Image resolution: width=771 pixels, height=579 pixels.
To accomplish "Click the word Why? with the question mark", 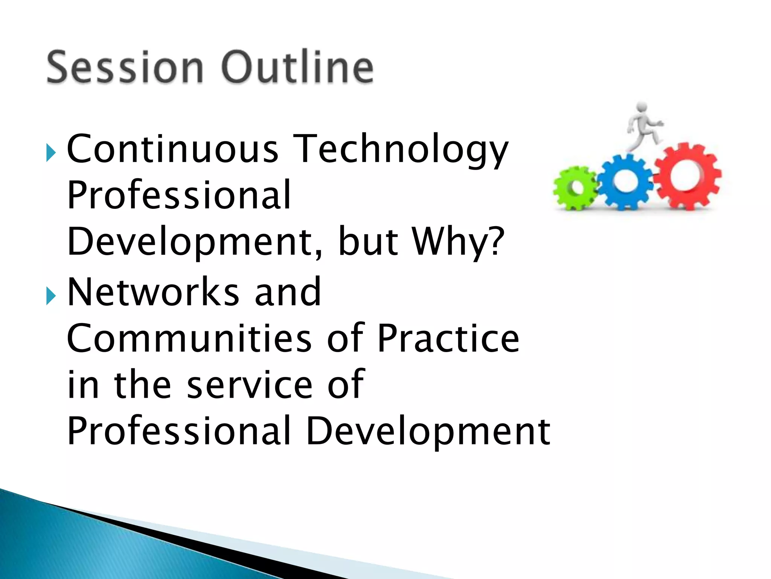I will click(x=457, y=241).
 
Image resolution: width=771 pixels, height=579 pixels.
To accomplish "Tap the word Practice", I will click(x=448, y=338).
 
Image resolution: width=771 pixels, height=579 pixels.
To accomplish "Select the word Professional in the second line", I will click(x=179, y=195).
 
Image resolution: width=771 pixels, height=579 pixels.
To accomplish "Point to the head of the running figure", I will click(x=641, y=107).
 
